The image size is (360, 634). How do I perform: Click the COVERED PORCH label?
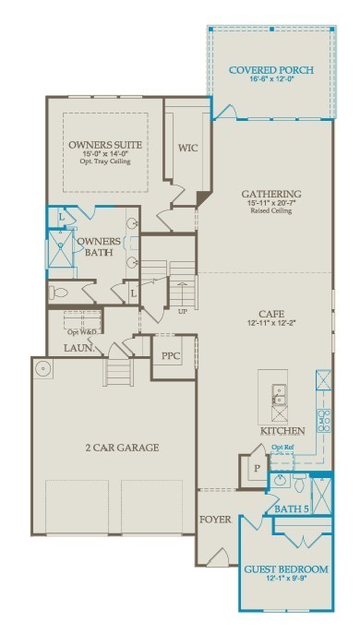[x=270, y=70]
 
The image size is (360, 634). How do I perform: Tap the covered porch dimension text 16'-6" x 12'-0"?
[x=270, y=80]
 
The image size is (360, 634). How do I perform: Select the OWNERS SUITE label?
[x=105, y=145]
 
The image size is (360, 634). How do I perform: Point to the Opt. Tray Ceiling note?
[x=105, y=162]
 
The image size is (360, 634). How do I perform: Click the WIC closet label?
[x=187, y=147]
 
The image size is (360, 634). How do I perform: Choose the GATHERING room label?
[x=271, y=194]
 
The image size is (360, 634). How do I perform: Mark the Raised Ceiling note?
[x=271, y=211]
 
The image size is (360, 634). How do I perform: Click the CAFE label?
[x=270, y=313]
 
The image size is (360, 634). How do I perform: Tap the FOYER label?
[x=215, y=520]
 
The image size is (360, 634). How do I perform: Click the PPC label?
[x=170, y=355]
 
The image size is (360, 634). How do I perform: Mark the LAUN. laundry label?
[x=78, y=348]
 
